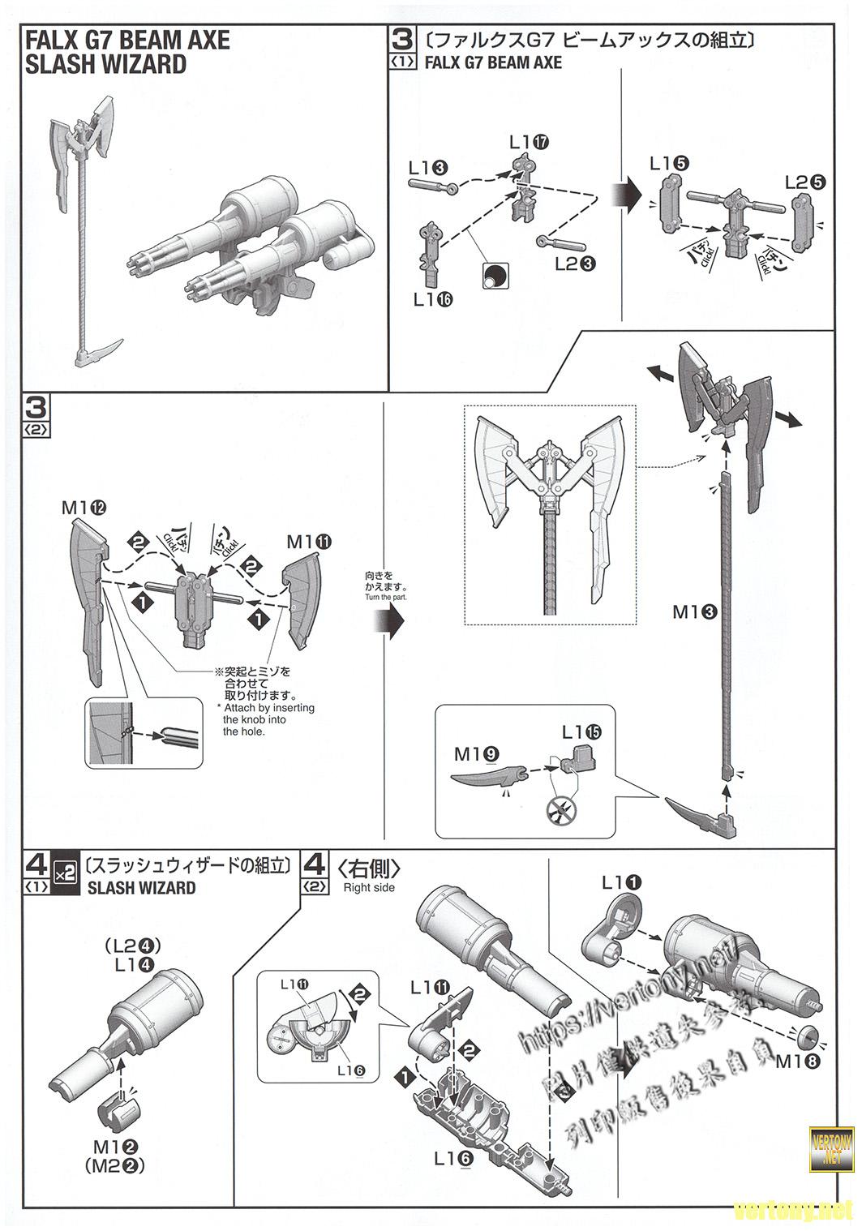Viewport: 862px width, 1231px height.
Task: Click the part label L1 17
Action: pyautogui.click(x=530, y=142)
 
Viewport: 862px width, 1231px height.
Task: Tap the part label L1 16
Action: pyautogui.click(x=432, y=299)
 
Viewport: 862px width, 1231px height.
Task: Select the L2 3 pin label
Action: pyautogui.click(x=576, y=264)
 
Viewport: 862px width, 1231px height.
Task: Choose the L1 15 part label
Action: pyautogui.click(x=581, y=731)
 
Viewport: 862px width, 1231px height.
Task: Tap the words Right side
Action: pyautogui.click(x=369, y=888)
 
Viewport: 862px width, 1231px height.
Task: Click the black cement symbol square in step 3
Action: pyautogui.click(x=493, y=276)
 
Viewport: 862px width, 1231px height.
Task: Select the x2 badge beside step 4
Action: pyautogui.click(x=64, y=873)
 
